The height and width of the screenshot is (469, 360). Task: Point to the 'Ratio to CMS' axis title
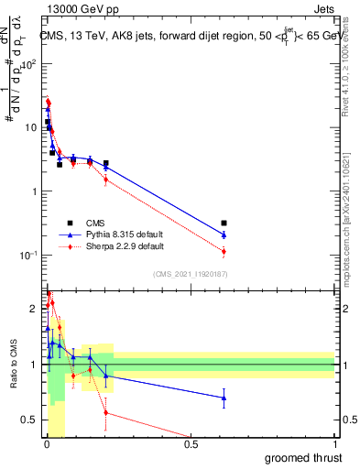coord(13,365)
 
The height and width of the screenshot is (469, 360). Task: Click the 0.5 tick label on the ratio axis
coord(31,420)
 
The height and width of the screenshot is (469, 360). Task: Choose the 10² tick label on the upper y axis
coord(29,64)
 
